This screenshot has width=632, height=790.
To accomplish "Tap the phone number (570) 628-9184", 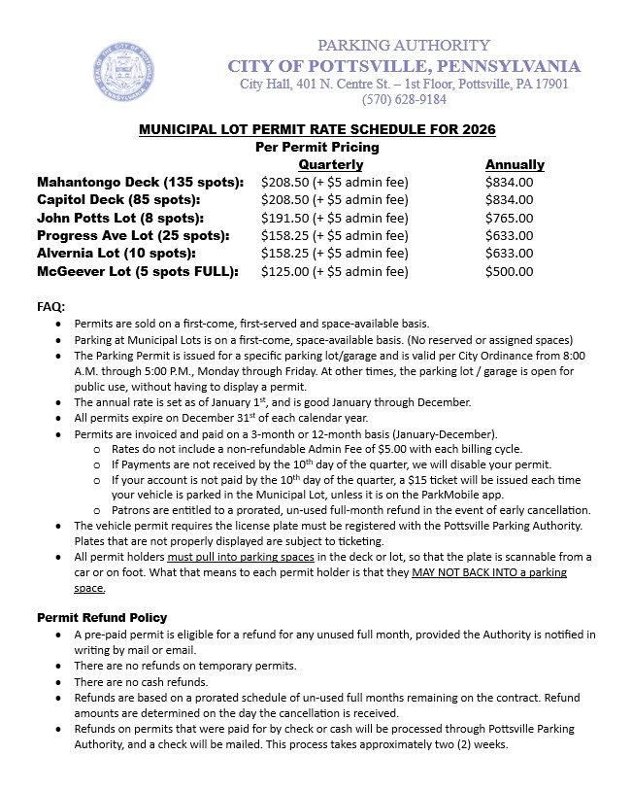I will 404,99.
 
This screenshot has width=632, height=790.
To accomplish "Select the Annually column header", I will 515,164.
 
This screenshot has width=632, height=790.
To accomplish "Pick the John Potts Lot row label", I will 120,218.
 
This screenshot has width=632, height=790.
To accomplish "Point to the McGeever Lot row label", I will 137,271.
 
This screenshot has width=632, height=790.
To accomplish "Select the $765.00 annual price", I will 510,218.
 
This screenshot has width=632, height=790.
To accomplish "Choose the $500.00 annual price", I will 510,271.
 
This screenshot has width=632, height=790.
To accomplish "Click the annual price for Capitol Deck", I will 510,199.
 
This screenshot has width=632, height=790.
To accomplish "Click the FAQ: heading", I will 50,306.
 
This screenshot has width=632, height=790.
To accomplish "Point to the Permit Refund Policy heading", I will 102,617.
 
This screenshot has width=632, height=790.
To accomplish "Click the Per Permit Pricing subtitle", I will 316,147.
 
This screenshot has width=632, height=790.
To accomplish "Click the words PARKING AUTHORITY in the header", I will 404,46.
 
